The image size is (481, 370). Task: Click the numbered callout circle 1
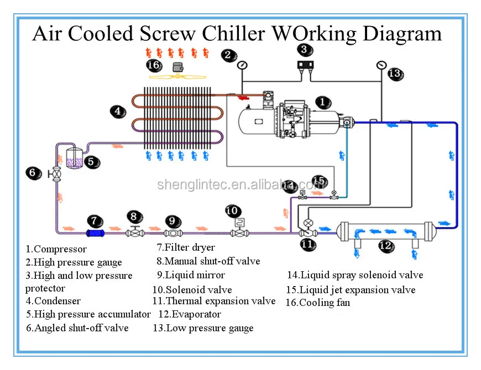(x=323, y=102)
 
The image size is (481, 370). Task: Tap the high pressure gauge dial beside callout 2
(x=242, y=65)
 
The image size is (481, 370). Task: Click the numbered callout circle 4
(x=117, y=111)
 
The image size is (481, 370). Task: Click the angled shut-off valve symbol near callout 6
(x=56, y=173)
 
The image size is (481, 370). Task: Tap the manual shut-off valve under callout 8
(x=134, y=232)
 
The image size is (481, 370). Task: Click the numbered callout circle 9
(x=172, y=221)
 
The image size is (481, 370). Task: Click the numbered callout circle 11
(x=307, y=244)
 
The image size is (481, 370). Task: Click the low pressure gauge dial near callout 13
(x=380, y=65)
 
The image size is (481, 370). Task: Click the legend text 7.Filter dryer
(x=186, y=247)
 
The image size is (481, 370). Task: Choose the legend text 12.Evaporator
(x=190, y=315)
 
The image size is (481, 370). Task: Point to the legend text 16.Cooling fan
(x=317, y=303)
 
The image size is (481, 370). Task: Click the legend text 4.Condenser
(x=53, y=301)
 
